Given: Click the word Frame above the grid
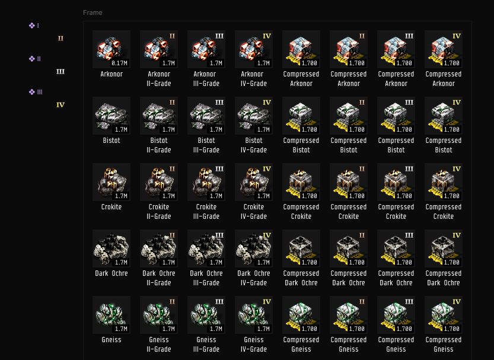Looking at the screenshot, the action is [93, 12].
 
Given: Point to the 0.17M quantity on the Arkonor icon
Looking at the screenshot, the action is [120, 63].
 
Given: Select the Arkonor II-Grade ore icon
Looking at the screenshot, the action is [159, 49].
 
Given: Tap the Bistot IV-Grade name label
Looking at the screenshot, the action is [254, 145].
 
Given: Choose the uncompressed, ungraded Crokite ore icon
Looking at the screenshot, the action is [111, 182].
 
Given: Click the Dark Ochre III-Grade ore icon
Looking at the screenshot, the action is [206, 249].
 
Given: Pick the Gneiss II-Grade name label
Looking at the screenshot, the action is [159, 344].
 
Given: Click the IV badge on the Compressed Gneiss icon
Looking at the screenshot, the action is [457, 302].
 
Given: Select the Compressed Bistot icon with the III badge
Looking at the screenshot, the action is [396, 116].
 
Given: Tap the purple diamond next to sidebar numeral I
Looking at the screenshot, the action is [32, 26].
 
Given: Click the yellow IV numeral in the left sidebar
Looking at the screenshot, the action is [60, 105].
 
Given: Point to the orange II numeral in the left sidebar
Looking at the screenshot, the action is [60, 39].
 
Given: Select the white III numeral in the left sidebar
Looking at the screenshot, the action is [60, 72].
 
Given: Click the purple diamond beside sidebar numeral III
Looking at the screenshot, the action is [32, 92].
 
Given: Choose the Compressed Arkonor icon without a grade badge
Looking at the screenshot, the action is [301, 49].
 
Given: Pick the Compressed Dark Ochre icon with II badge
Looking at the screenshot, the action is [349, 249].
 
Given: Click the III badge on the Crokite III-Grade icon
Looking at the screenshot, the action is [219, 169].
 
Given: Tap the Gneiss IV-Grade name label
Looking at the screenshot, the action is [254, 344].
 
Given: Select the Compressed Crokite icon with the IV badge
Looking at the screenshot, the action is [444, 182].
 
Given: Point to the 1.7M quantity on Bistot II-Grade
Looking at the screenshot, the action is [168, 129].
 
